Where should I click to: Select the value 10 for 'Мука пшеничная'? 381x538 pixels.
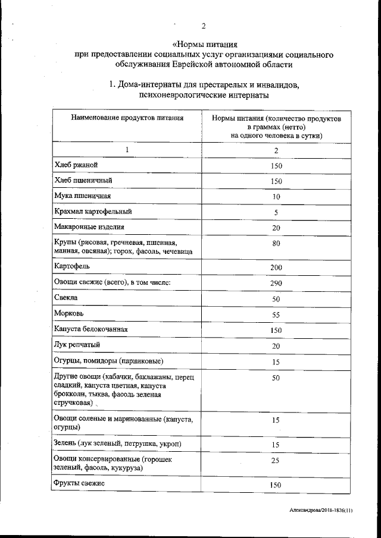coord(276,197)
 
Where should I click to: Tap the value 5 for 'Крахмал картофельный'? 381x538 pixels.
coord(276,212)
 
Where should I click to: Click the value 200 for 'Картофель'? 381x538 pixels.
coord(276,268)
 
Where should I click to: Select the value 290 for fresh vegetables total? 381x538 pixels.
coord(276,283)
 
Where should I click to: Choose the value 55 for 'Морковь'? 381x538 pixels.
coord(276,314)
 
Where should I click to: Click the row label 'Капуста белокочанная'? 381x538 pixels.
coord(90,329)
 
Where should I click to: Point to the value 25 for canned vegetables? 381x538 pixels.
coord(276,461)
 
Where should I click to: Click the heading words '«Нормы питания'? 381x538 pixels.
coord(204,44)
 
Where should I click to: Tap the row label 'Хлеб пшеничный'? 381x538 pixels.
coord(83,180)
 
